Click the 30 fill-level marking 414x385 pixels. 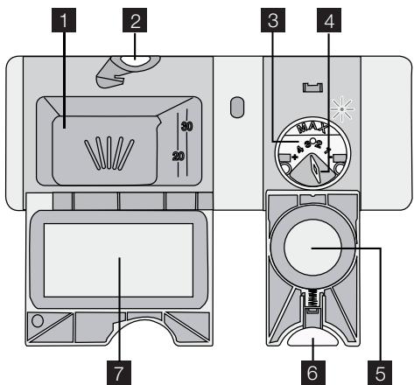pyautogui.click(x=186, y=126)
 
